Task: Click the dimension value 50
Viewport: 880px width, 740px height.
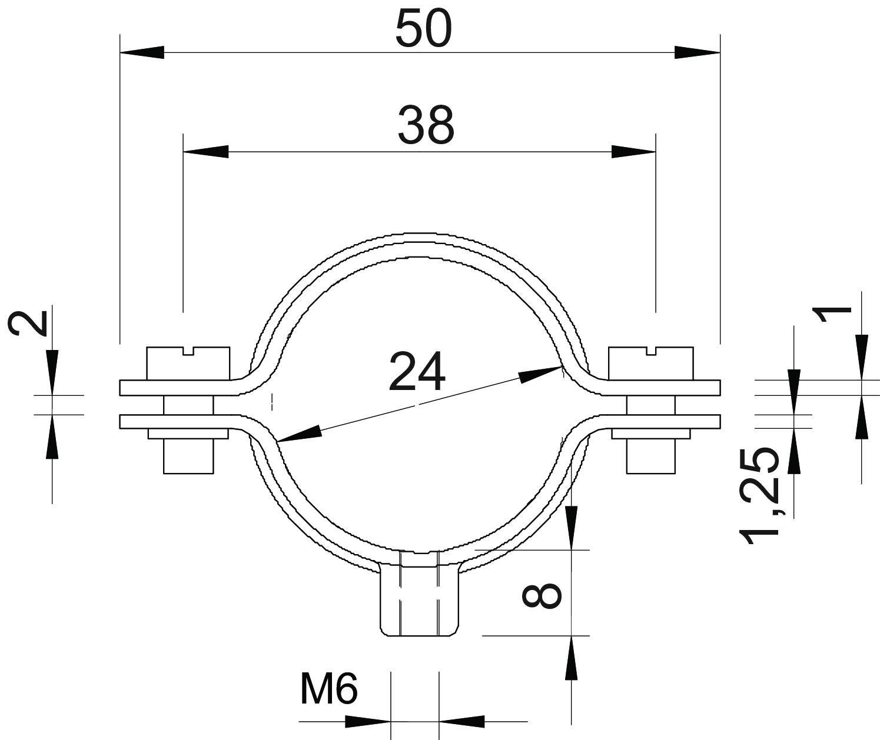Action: click(424, 29)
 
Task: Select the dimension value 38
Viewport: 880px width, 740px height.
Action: click(426, 125)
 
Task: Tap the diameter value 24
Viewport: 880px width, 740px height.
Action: click(417, 372)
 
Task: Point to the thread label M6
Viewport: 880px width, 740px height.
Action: click(329, 689)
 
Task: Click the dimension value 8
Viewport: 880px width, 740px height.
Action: click(542, 596)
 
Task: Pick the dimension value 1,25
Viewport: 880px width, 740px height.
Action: click(759, 495)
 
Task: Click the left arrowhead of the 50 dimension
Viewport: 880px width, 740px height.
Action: click(142, 52)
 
